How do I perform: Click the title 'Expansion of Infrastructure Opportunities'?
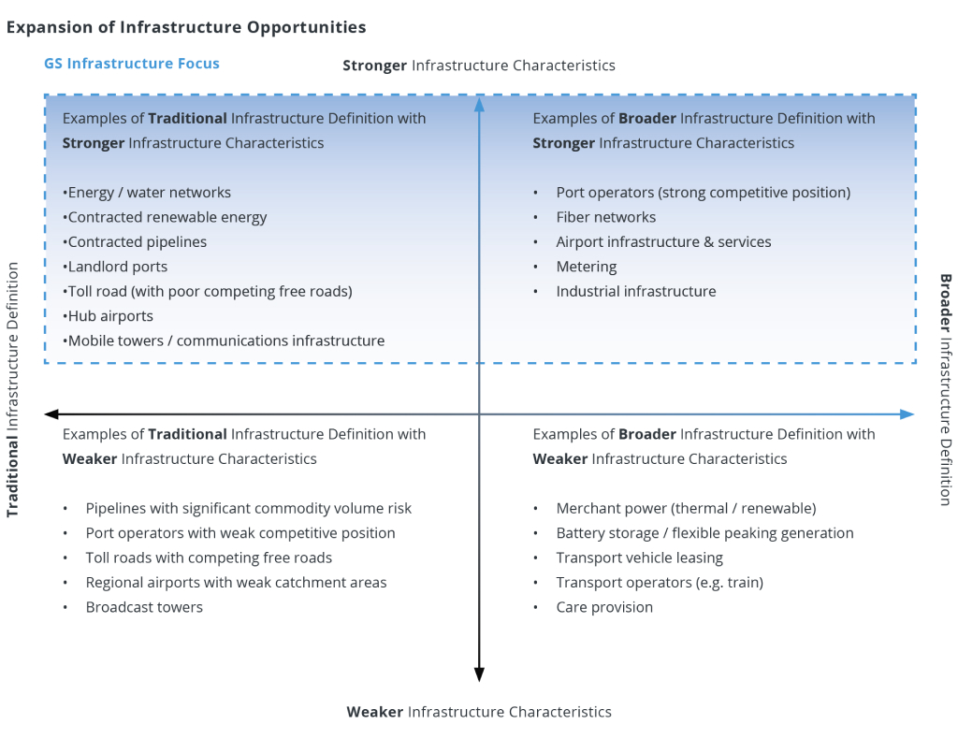tap(186, 27)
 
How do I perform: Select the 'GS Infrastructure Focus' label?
tap(132, 64)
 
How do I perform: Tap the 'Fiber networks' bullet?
tap(605, 217)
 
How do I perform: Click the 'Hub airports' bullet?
tap(110, 316)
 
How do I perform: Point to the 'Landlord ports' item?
tap(118, 267)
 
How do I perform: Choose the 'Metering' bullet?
tap(586, 267)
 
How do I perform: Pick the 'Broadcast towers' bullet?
tap(144, 607)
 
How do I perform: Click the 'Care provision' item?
tap(604, 607)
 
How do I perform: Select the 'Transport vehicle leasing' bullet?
tap(639, 558)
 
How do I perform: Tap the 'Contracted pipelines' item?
tap(138, 241)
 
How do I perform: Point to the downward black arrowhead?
tap(479, 674)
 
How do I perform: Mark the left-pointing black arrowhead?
tap(52, 413)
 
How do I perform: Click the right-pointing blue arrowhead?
tap(907, 413)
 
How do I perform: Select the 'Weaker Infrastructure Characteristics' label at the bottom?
tap(479, 712)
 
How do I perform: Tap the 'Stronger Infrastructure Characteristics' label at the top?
tap(479, 65)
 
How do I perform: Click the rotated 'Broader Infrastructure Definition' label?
tap(945, 389)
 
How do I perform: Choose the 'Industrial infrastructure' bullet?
tap(635, 291)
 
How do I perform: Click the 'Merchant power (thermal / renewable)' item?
tap(686, 508)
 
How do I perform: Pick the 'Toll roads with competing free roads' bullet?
tap(209, 558)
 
